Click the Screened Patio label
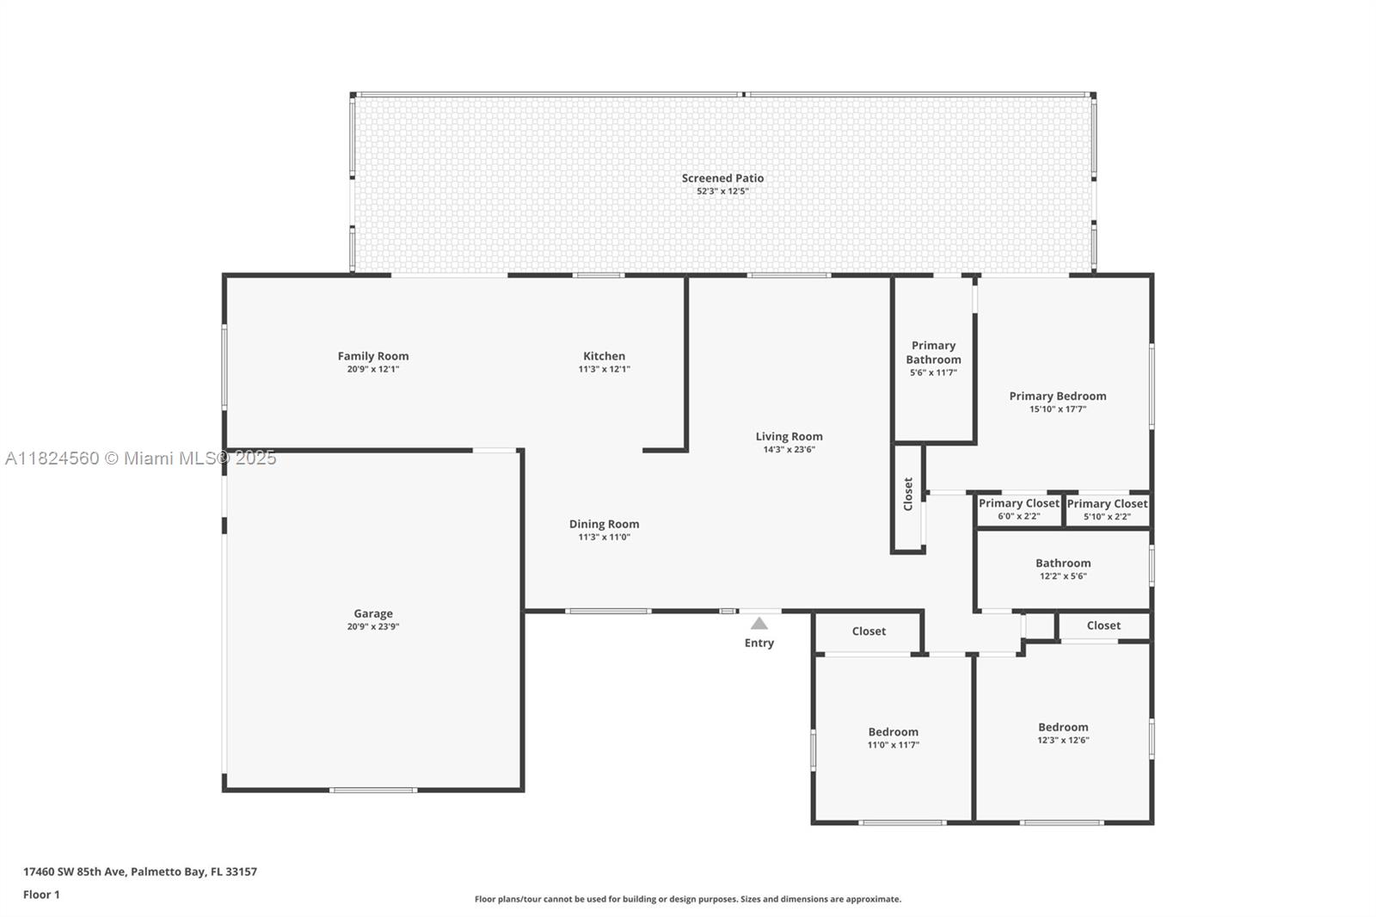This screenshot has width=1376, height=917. [722, 178]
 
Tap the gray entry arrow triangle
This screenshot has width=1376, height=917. [759, 624]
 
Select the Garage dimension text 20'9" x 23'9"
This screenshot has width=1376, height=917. [373, 627]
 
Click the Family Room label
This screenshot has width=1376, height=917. [373, 356]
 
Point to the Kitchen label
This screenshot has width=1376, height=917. [604, 356]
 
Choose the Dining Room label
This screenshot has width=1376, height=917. [604, 524]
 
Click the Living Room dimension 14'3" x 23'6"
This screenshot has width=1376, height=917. [789, 450]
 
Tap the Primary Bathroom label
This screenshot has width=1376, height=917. [933, 353]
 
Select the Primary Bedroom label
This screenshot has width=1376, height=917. [1058, 397]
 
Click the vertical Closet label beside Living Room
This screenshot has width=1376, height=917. [908, 495]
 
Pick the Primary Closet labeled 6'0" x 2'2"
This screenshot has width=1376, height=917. [1018, 504]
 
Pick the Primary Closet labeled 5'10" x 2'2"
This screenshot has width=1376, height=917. [1107, 504]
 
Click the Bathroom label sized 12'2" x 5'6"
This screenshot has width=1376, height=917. [1063, 563]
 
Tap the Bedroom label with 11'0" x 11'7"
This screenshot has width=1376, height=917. [893, 732]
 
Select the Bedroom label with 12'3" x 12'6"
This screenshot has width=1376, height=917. [1063, 727]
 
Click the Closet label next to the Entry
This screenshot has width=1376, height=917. [869, 631]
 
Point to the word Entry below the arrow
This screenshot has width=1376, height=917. [759, 643]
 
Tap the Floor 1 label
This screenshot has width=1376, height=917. [41, 895]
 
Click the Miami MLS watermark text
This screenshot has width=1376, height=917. [140, 459]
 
